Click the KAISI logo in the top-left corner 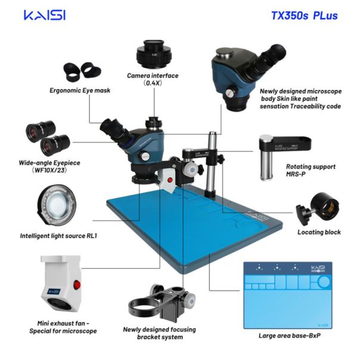click(x=45, y=15)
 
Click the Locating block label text click(x=319, y=232)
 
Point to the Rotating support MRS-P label click(x=310, y=170)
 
